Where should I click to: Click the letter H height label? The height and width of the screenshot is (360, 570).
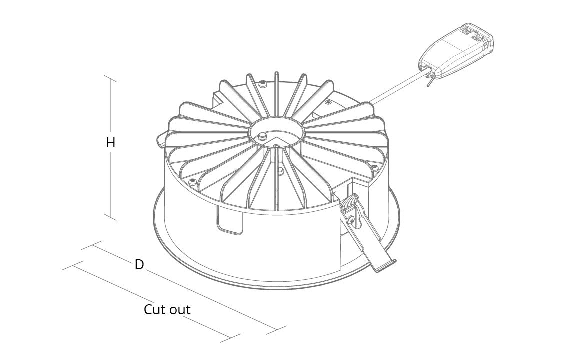point(110,143)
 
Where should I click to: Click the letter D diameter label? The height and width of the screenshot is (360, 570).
point(139,264)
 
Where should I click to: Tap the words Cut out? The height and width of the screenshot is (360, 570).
point(167,310)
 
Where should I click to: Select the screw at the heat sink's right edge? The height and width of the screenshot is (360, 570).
point(373,166)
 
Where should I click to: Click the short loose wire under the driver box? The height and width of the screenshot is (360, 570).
point(429,82)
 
